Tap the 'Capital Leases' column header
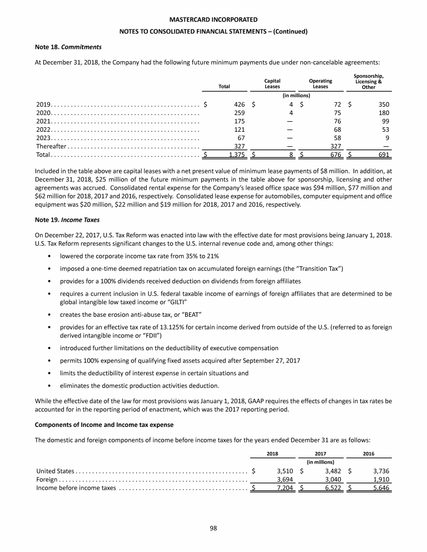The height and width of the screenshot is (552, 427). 272,83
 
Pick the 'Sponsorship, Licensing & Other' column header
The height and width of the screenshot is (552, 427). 368,81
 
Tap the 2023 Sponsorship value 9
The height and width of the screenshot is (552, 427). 386,134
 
